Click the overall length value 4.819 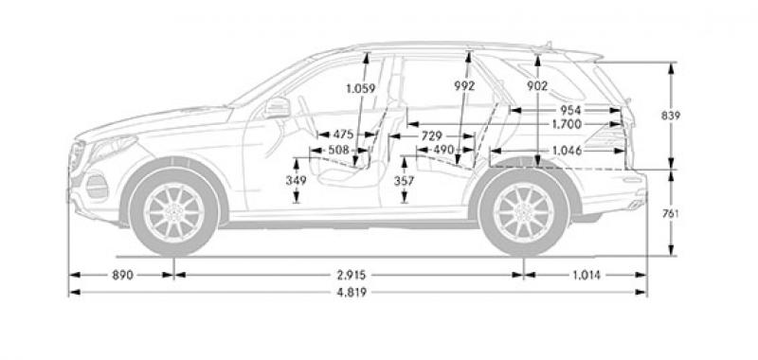coord(352,293)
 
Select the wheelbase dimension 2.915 coord(352,276)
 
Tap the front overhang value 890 coord(122,276)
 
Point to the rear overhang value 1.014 coord(587,276)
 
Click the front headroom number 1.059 coord(361,88)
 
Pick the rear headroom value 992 coord(464,86)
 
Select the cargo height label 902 coord(537,86)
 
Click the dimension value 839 coord(671,116)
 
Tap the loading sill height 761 coord(671,213)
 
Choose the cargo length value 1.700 coord(567,125)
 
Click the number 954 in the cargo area coord(570,110)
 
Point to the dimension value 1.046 coord(567,151)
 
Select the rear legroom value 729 coord(432,136)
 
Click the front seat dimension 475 coord(343,135)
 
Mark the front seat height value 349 coord(296,181)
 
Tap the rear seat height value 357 coord(405,181)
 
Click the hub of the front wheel coord(173,212)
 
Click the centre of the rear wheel coord(524,212)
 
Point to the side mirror coord(277,107)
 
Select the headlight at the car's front coord(112,148)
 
